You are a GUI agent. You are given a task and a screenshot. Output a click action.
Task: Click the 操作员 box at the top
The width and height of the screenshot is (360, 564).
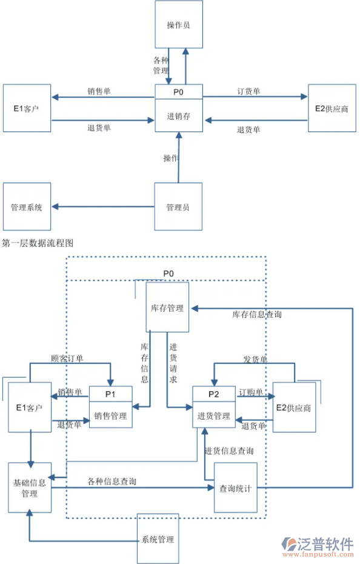click(178, 25)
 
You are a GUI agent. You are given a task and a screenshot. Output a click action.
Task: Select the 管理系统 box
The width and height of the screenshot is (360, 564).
click(27, 207)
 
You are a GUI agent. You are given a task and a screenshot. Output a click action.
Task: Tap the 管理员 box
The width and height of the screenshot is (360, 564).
click(178, 207)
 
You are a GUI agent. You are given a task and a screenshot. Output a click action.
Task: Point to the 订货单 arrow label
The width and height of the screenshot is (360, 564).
click(248, 92)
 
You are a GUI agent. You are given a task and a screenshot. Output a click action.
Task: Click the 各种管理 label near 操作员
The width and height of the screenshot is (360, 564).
click(161, 65)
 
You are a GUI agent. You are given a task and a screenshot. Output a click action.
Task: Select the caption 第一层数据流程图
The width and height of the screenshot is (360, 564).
click(38, 243)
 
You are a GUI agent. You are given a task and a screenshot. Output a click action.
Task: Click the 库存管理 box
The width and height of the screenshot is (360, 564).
click(167, 307)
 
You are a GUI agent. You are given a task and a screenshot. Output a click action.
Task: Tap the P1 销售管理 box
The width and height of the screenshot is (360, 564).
click(110, 407)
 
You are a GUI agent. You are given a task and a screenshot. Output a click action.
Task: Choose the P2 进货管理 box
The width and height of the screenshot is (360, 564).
click(213, 407)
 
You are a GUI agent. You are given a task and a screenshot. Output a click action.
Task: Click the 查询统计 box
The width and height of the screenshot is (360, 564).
click(235, 488)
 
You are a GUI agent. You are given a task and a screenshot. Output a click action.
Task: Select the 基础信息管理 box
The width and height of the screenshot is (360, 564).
click(29, 488)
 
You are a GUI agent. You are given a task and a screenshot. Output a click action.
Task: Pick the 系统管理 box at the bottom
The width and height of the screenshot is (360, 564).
click(158, 539)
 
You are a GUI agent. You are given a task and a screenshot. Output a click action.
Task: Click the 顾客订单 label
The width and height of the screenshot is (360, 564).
click(67, 358)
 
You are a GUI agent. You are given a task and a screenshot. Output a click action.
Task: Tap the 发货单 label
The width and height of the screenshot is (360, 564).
click(255, 360)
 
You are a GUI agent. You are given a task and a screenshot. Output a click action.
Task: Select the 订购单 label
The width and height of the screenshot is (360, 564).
click(251, 392)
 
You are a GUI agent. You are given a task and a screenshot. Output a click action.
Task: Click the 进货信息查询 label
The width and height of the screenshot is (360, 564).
click(229, 451)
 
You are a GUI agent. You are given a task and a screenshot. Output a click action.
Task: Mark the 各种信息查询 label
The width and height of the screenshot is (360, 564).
click(112, 482)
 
